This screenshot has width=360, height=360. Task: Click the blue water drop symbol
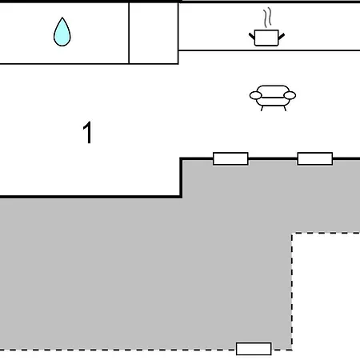tap(62, 33)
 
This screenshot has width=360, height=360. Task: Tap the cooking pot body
tap(266, 38)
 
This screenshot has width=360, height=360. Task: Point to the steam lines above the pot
tap(268, 18)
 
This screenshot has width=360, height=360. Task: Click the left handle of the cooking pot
tap(252, 36)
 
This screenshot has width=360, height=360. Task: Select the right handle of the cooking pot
tap(282, 36)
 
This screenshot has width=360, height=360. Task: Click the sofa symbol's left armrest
tap(255, 95)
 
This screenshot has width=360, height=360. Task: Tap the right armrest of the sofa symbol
tap(290, 95)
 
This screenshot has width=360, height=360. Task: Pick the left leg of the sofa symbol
tap(262, 108)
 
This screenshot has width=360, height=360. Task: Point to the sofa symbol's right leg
tap(285, 108)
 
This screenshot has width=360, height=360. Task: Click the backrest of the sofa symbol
tap(273, 90)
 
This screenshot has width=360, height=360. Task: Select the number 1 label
tap(88, 133)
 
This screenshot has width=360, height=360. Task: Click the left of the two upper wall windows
tap(230, 158)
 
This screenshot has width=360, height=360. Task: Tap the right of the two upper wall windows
tap(315, 158)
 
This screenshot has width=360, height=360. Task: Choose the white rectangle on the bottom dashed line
tap(254, 349)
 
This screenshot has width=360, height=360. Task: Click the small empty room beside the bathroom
tap(154, 34)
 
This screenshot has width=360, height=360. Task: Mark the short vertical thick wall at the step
tap(181, 178)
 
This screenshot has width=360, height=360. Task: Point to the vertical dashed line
tap(292, 291)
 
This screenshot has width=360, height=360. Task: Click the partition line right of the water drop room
tap(129, 34)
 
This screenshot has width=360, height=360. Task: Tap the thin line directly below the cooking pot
tap(269, 50)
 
